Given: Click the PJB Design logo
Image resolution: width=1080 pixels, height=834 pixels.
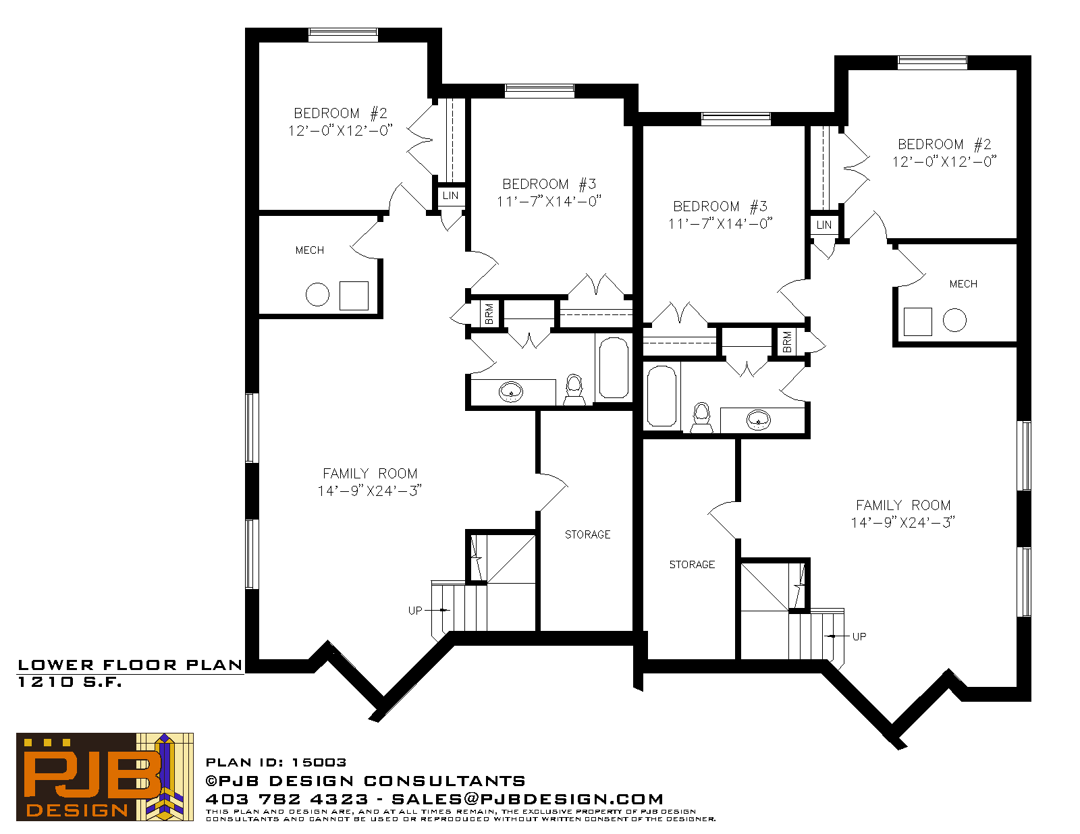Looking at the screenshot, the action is coord(105,777).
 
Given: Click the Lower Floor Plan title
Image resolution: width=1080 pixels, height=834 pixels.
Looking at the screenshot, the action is coord(130,665).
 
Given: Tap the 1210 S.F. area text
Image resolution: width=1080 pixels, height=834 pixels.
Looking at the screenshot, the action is coord(70,682).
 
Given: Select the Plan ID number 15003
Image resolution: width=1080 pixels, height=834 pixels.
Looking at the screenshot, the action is coord(319,762).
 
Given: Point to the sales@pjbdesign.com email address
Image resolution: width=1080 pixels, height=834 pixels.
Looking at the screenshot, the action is coord(527,799).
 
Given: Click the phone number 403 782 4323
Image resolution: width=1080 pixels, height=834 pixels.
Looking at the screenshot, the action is coord(287,799).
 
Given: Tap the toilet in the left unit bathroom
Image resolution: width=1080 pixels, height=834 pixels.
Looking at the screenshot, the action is coord(574,390).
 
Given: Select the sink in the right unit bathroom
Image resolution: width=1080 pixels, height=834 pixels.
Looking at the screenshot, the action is coord(759,420).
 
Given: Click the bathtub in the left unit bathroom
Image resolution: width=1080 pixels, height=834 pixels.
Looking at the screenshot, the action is coord(614,368).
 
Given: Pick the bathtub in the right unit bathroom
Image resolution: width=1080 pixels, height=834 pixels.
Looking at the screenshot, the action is coord(662,396).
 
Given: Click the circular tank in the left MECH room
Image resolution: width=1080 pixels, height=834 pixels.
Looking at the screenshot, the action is coord(317,295).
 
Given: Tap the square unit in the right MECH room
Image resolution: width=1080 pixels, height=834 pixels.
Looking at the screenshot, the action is coord(917,322).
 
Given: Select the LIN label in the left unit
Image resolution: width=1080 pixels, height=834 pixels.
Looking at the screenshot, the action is coord(450,196).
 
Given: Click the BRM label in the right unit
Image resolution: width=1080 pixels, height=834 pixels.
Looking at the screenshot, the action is coord(787,342).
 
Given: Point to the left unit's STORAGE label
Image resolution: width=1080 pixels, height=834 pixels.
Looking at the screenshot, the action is coord(587,534).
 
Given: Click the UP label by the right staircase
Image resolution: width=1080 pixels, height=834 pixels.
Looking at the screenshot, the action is coord(859,637).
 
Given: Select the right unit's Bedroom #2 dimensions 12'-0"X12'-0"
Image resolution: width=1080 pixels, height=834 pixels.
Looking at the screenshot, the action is coord(944,162).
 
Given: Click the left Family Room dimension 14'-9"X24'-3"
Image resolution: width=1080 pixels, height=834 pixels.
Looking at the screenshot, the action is coord(370,491).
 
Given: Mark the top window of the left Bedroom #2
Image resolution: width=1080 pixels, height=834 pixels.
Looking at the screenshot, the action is coord(343,34).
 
